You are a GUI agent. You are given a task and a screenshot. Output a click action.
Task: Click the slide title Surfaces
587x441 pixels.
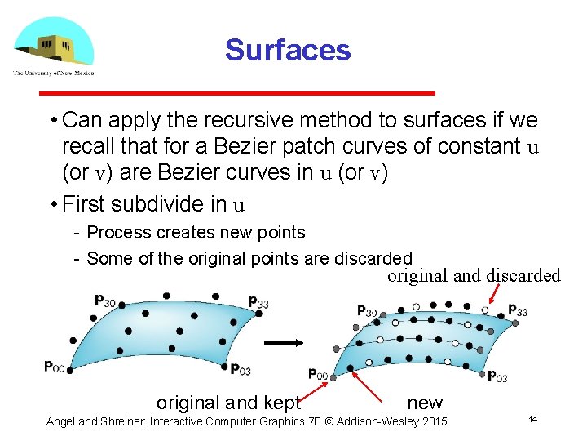(x=288, y=50)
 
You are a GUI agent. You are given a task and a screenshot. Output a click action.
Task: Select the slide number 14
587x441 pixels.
(x=532, y=419)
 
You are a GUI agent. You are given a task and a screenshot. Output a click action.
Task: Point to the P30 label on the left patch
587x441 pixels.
(x=105, y=301)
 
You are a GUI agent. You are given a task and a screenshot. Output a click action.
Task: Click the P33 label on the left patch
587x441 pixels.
(x=258, y=302)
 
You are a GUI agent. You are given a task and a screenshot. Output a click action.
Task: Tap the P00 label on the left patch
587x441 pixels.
(x=55, y=367)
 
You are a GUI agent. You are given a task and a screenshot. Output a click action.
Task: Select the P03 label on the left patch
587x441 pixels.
(x=241, y=369)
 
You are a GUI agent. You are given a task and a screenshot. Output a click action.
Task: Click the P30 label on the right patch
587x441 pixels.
(x=367, y=310)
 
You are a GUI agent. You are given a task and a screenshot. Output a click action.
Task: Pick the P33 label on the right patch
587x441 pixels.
(x=518, y=310)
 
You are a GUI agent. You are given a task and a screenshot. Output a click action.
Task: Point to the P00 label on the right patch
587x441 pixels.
(x=318, y=374)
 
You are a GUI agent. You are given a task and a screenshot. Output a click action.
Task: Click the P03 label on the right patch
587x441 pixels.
(x=497, y=376)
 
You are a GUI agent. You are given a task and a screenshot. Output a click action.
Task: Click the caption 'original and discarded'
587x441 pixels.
(x=474, y=275)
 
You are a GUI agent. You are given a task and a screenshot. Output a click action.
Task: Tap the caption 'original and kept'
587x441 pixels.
(x=228, y=402)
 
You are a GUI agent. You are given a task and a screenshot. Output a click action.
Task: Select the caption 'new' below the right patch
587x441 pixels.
(x=425, y=402)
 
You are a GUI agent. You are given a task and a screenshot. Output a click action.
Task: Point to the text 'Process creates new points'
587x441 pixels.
(x=196, y=233)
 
